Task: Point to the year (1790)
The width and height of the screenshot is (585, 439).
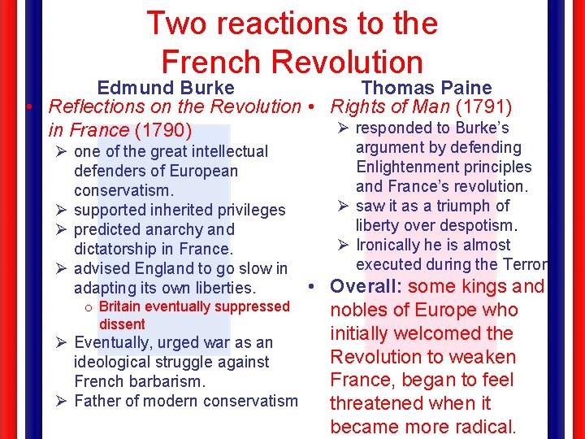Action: (x=164, y=130)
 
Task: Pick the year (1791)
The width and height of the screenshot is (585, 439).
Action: (x=483, y=106)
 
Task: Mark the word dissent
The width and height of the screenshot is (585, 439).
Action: (x=122, y=324)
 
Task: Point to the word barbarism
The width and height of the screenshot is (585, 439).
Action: (x=166, y=380)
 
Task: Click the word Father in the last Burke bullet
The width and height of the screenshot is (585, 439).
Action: (x=97, y=400)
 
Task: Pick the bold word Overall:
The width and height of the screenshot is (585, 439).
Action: (x=366, y=286)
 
